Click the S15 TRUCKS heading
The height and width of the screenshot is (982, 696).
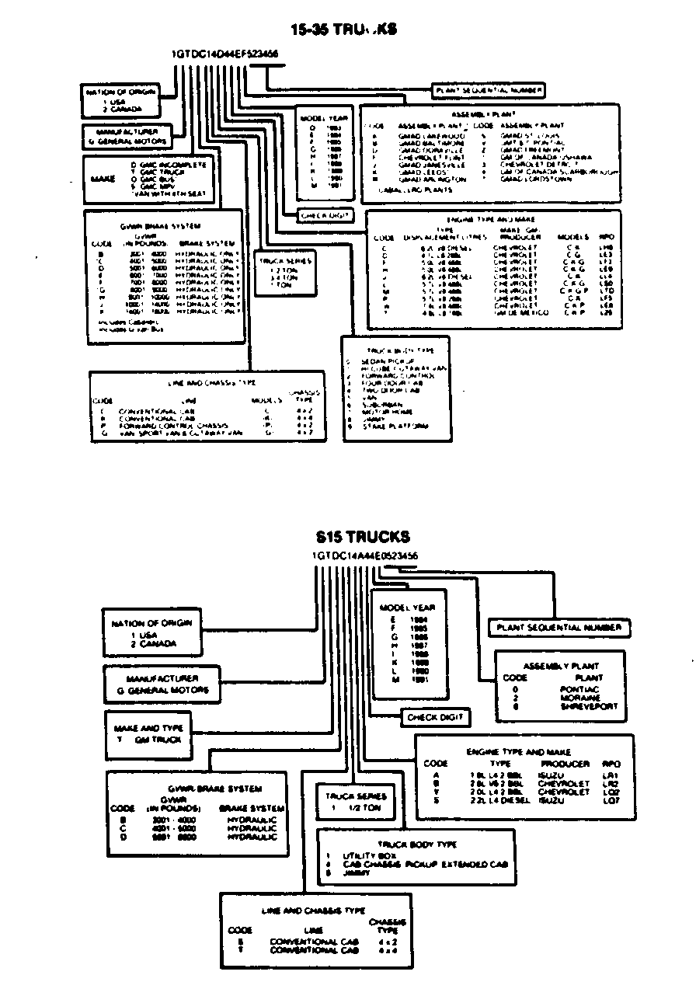[363, 537]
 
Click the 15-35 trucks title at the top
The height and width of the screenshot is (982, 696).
[343, 30]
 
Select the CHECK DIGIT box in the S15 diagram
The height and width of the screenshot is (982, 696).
[435, 717]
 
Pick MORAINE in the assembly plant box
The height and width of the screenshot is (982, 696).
[580, 698]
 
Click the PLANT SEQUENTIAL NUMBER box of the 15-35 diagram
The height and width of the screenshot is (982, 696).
[489, 91]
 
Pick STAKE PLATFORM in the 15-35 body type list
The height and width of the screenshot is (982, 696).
[395, 426]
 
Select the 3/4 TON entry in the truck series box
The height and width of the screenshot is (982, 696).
[283, 277]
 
